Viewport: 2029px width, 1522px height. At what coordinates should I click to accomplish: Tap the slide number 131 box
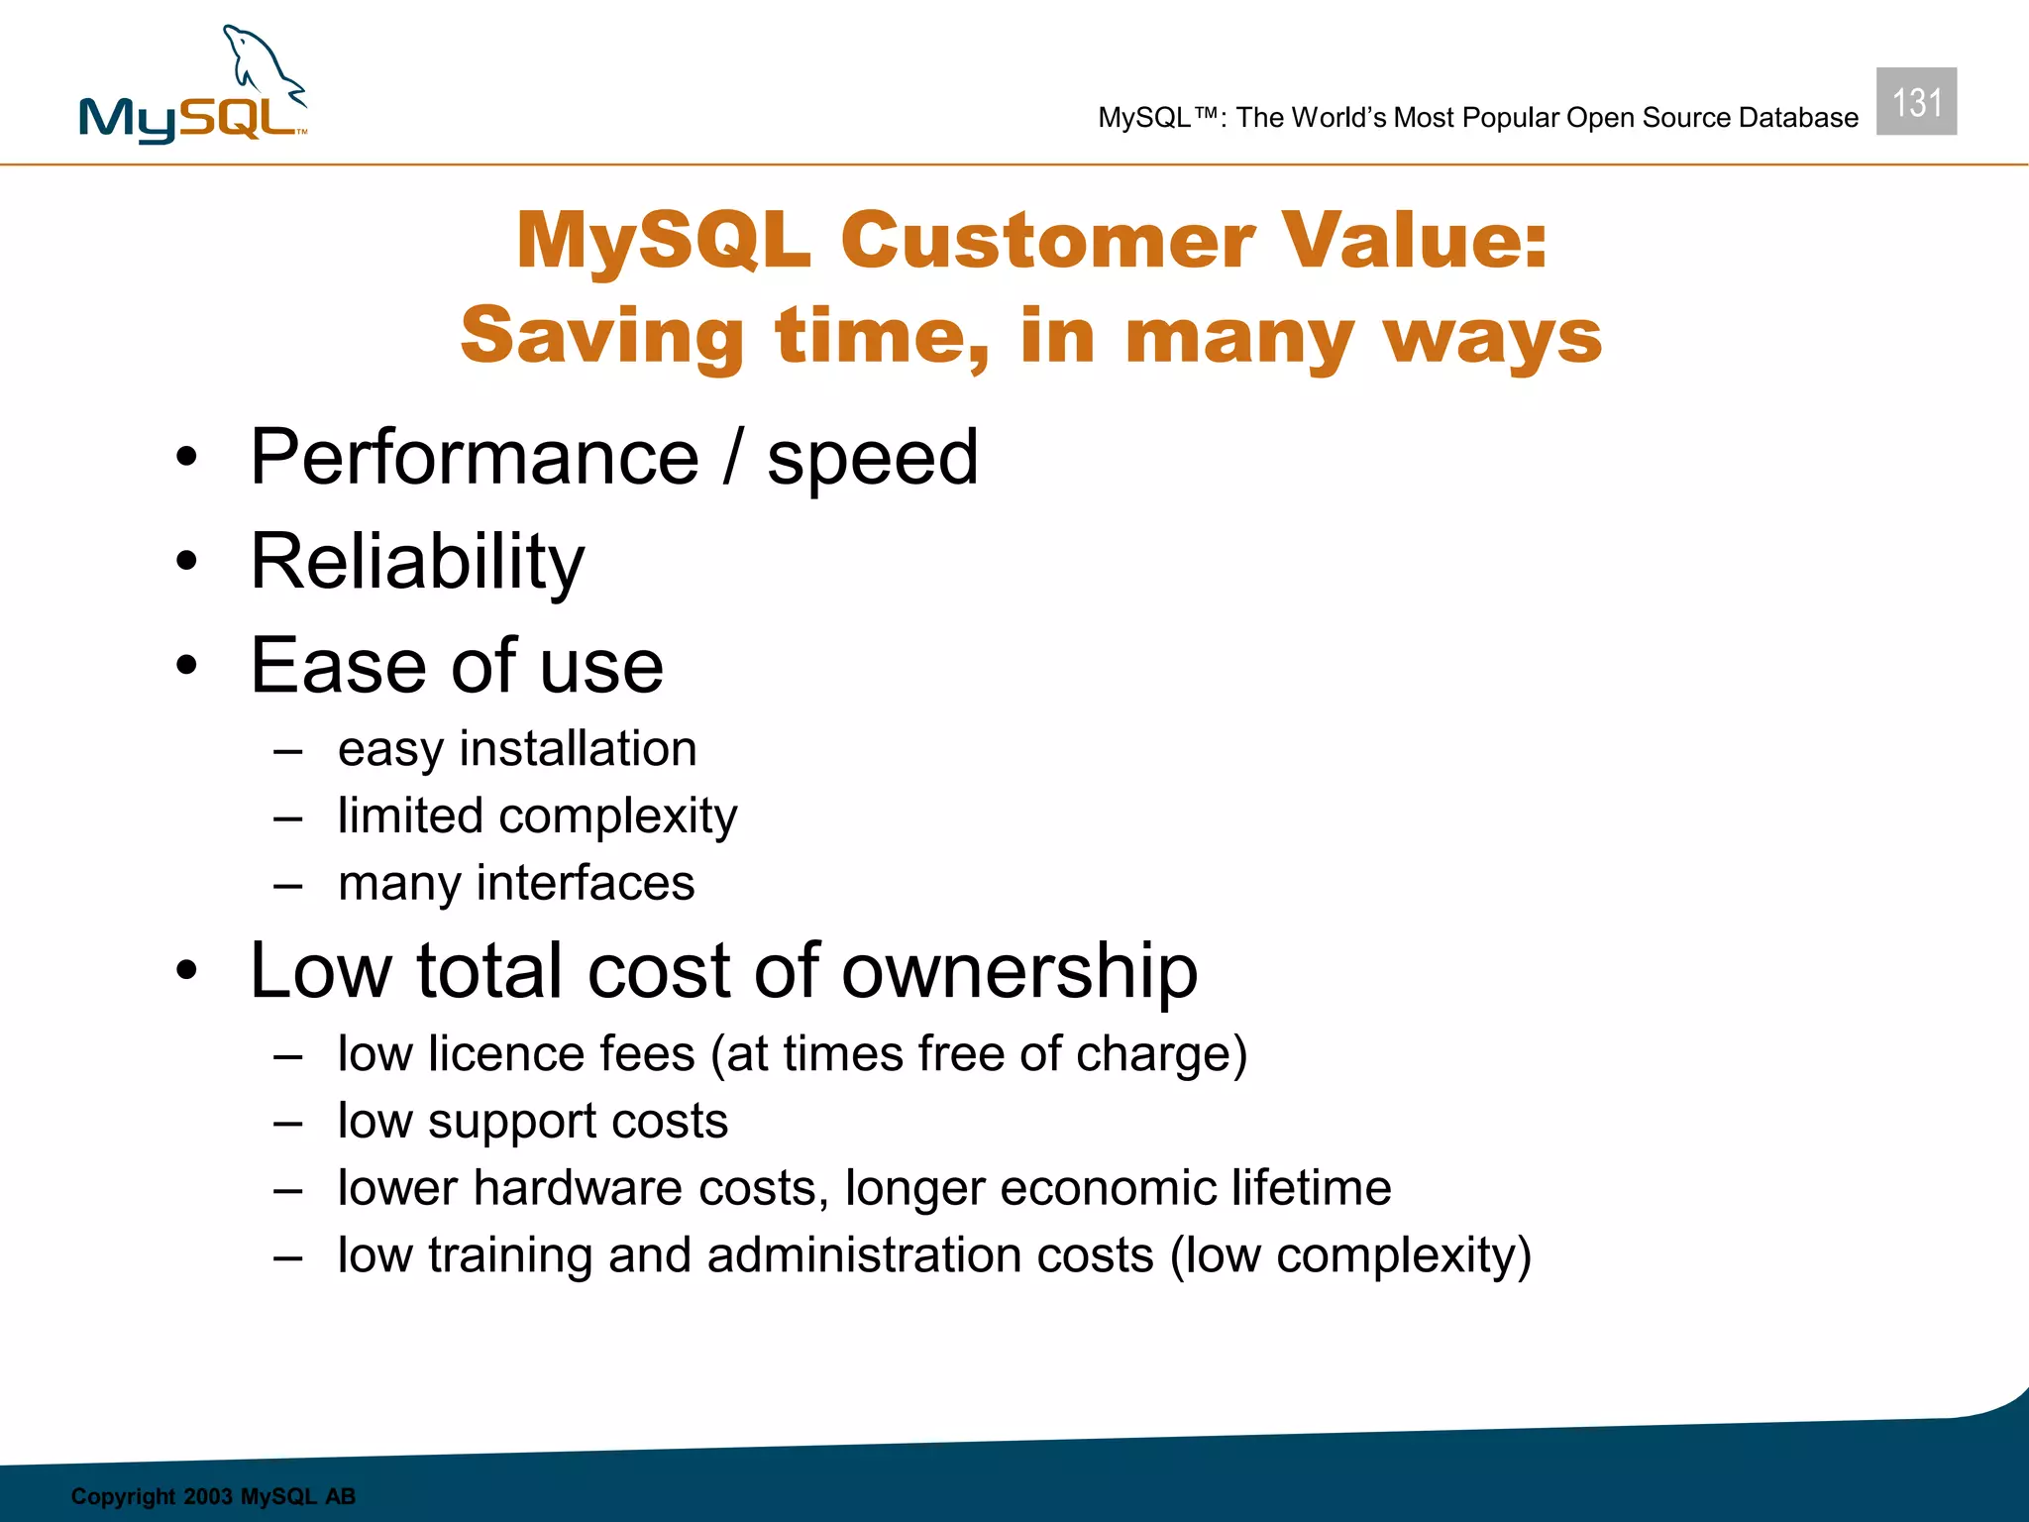click(1915, 102)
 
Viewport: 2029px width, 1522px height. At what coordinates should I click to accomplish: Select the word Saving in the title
click(601, 336)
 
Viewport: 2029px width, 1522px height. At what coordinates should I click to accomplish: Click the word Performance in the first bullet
click(475, 458)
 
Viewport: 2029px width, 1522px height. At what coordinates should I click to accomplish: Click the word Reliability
click(417, 562)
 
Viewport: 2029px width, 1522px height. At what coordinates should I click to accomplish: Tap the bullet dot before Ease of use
click(187, 666)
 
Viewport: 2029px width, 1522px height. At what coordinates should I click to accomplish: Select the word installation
click(578, 748)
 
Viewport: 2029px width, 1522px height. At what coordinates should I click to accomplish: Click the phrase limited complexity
click(537, 816)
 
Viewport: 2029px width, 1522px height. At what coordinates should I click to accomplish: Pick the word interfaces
click(586, 883)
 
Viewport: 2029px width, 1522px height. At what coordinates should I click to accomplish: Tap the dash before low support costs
click(288, 1124)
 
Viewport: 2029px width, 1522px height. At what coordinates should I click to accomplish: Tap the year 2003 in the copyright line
click(208, 1496)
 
